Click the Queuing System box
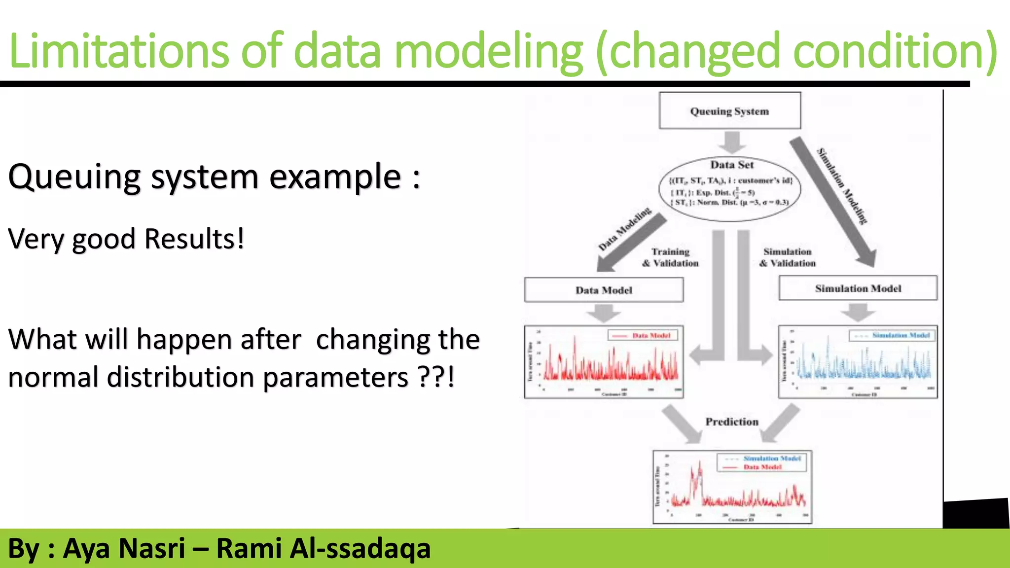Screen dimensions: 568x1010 (x=729, y=111)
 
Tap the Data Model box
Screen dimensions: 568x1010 (x=604, y=290)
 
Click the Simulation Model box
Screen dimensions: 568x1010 (x=858, y=288)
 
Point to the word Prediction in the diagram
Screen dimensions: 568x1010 (x=731, y=422)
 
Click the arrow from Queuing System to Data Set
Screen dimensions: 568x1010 (x=731, y=142)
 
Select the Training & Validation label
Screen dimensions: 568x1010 (x=670, y=257)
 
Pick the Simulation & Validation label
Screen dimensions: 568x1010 (x=787, y=257)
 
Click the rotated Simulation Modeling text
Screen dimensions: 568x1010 (x=842, y=186)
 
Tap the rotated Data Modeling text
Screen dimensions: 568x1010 (x=624, y=229)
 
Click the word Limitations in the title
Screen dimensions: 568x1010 (x=119, y=51)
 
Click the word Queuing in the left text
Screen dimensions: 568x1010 (x=74, y=177)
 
